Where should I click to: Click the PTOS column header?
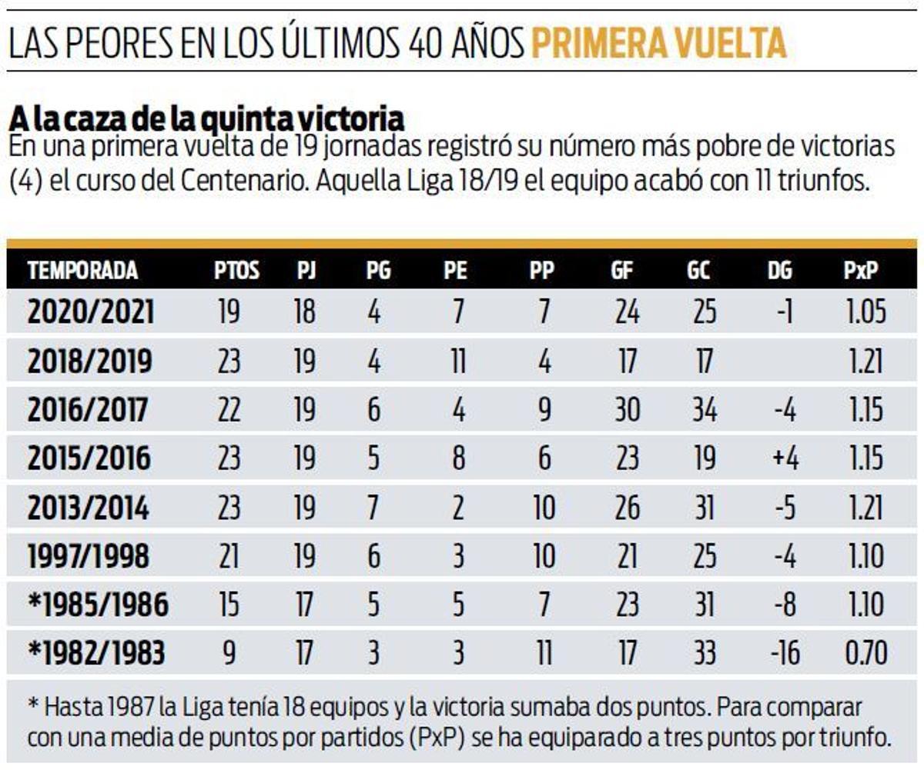point(236,271)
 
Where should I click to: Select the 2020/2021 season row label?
point(91,313)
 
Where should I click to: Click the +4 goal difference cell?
point(786,459)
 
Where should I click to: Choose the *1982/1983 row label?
point(96,654)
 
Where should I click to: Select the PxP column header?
point(860,271)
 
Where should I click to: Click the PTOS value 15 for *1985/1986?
point(229,605)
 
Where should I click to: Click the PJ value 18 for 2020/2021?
point(305,313)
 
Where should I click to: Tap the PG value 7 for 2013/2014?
point(373,508)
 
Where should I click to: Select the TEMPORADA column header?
point(82,271)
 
